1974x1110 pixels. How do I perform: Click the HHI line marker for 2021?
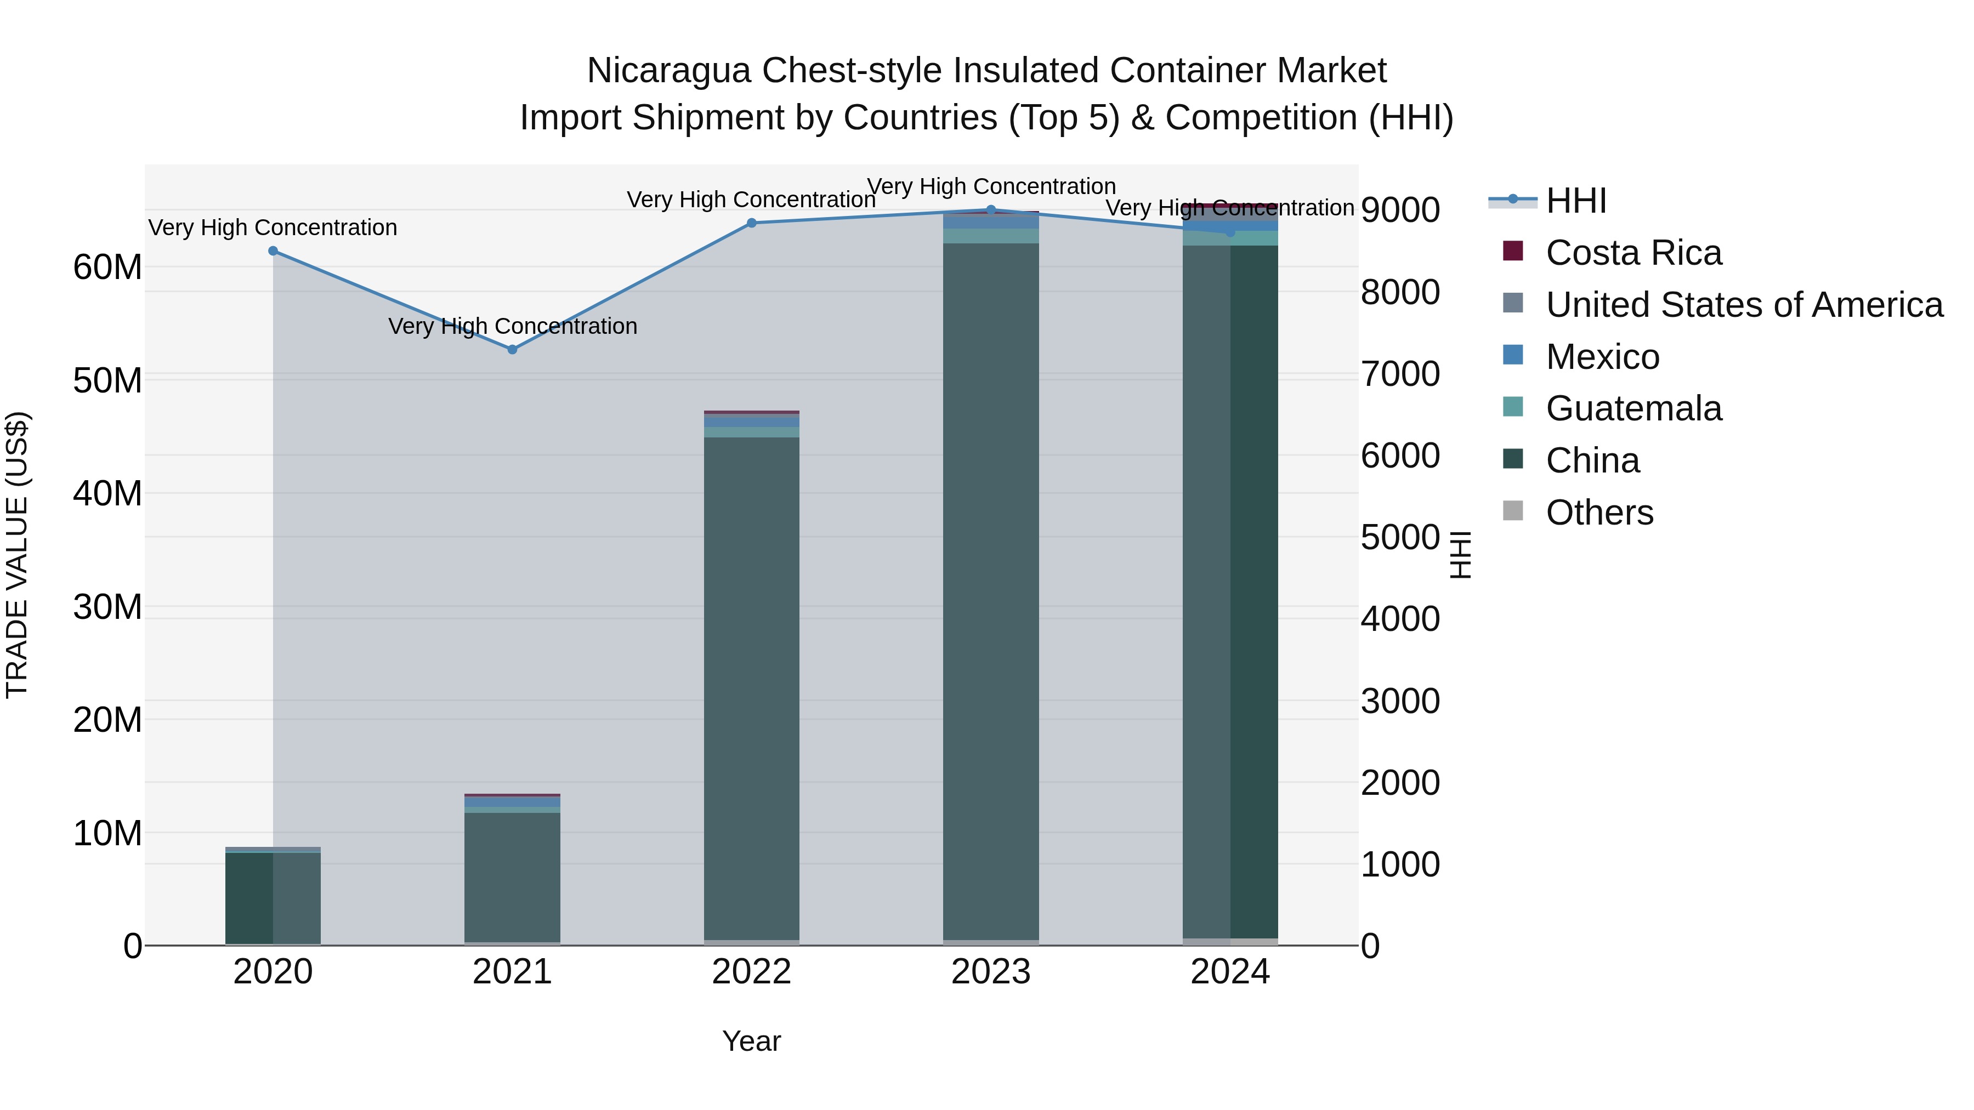click(513, 349)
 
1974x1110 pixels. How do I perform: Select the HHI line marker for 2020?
click(273, 251)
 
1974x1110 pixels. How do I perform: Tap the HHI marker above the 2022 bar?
click(752, 223)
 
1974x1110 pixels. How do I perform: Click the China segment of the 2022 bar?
click(752, 690)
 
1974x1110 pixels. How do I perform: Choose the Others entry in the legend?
click(1599, 513)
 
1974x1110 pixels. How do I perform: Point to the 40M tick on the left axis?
click(107, 493)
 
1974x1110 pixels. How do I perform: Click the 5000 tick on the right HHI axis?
click(1400, 537)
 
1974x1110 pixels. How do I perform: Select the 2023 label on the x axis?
click(991, 972)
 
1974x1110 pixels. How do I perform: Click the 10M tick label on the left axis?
click(107, 833)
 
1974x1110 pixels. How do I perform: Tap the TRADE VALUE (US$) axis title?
click(18, 555)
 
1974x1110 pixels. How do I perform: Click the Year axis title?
click(752, 1041)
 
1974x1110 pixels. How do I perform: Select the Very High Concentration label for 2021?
click(513, 326)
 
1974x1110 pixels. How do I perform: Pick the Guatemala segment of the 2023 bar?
click(991, 236)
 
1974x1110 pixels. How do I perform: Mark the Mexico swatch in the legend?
click(1513, 355)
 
